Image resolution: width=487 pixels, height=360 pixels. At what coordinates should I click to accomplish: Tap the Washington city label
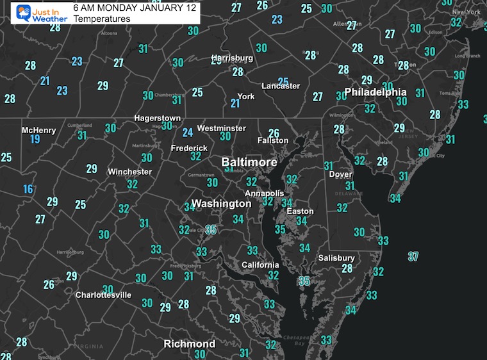[222, 204]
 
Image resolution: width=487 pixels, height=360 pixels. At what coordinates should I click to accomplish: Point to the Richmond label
[189, 344]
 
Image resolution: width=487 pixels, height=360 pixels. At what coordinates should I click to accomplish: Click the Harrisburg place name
[233, 58]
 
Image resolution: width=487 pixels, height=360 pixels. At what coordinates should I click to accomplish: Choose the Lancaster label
[281, 86]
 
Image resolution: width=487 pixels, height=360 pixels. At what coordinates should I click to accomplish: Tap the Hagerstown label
[157, 119]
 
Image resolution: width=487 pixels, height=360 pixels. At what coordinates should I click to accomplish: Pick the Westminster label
[221, 128]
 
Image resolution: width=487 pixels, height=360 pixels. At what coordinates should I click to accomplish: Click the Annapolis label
[264, 193]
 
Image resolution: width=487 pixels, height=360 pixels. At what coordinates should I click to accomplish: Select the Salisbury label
[336, 258]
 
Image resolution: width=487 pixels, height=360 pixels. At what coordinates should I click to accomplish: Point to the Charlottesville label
[103, 295]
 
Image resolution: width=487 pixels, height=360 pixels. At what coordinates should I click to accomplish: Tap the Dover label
[341, 174]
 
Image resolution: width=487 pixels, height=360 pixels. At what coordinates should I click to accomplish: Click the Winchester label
[129, 172]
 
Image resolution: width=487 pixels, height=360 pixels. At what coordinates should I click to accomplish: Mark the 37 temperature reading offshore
[413, 257]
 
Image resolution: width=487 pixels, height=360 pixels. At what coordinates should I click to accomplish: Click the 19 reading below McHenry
[35, 140]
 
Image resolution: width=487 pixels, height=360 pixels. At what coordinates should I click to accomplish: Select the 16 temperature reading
[28, 189]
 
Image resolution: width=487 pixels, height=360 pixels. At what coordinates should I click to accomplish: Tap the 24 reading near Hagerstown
[187, 133]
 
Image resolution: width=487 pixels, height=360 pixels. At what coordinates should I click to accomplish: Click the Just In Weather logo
[33, 13]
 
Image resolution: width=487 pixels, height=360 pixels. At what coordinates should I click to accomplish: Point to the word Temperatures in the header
[102, 19]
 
